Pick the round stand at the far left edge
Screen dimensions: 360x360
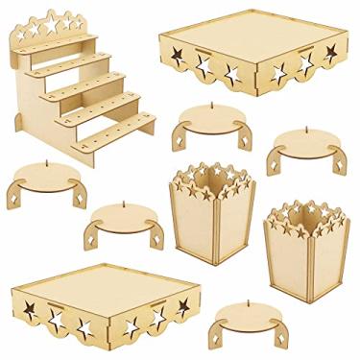[45, 179]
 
